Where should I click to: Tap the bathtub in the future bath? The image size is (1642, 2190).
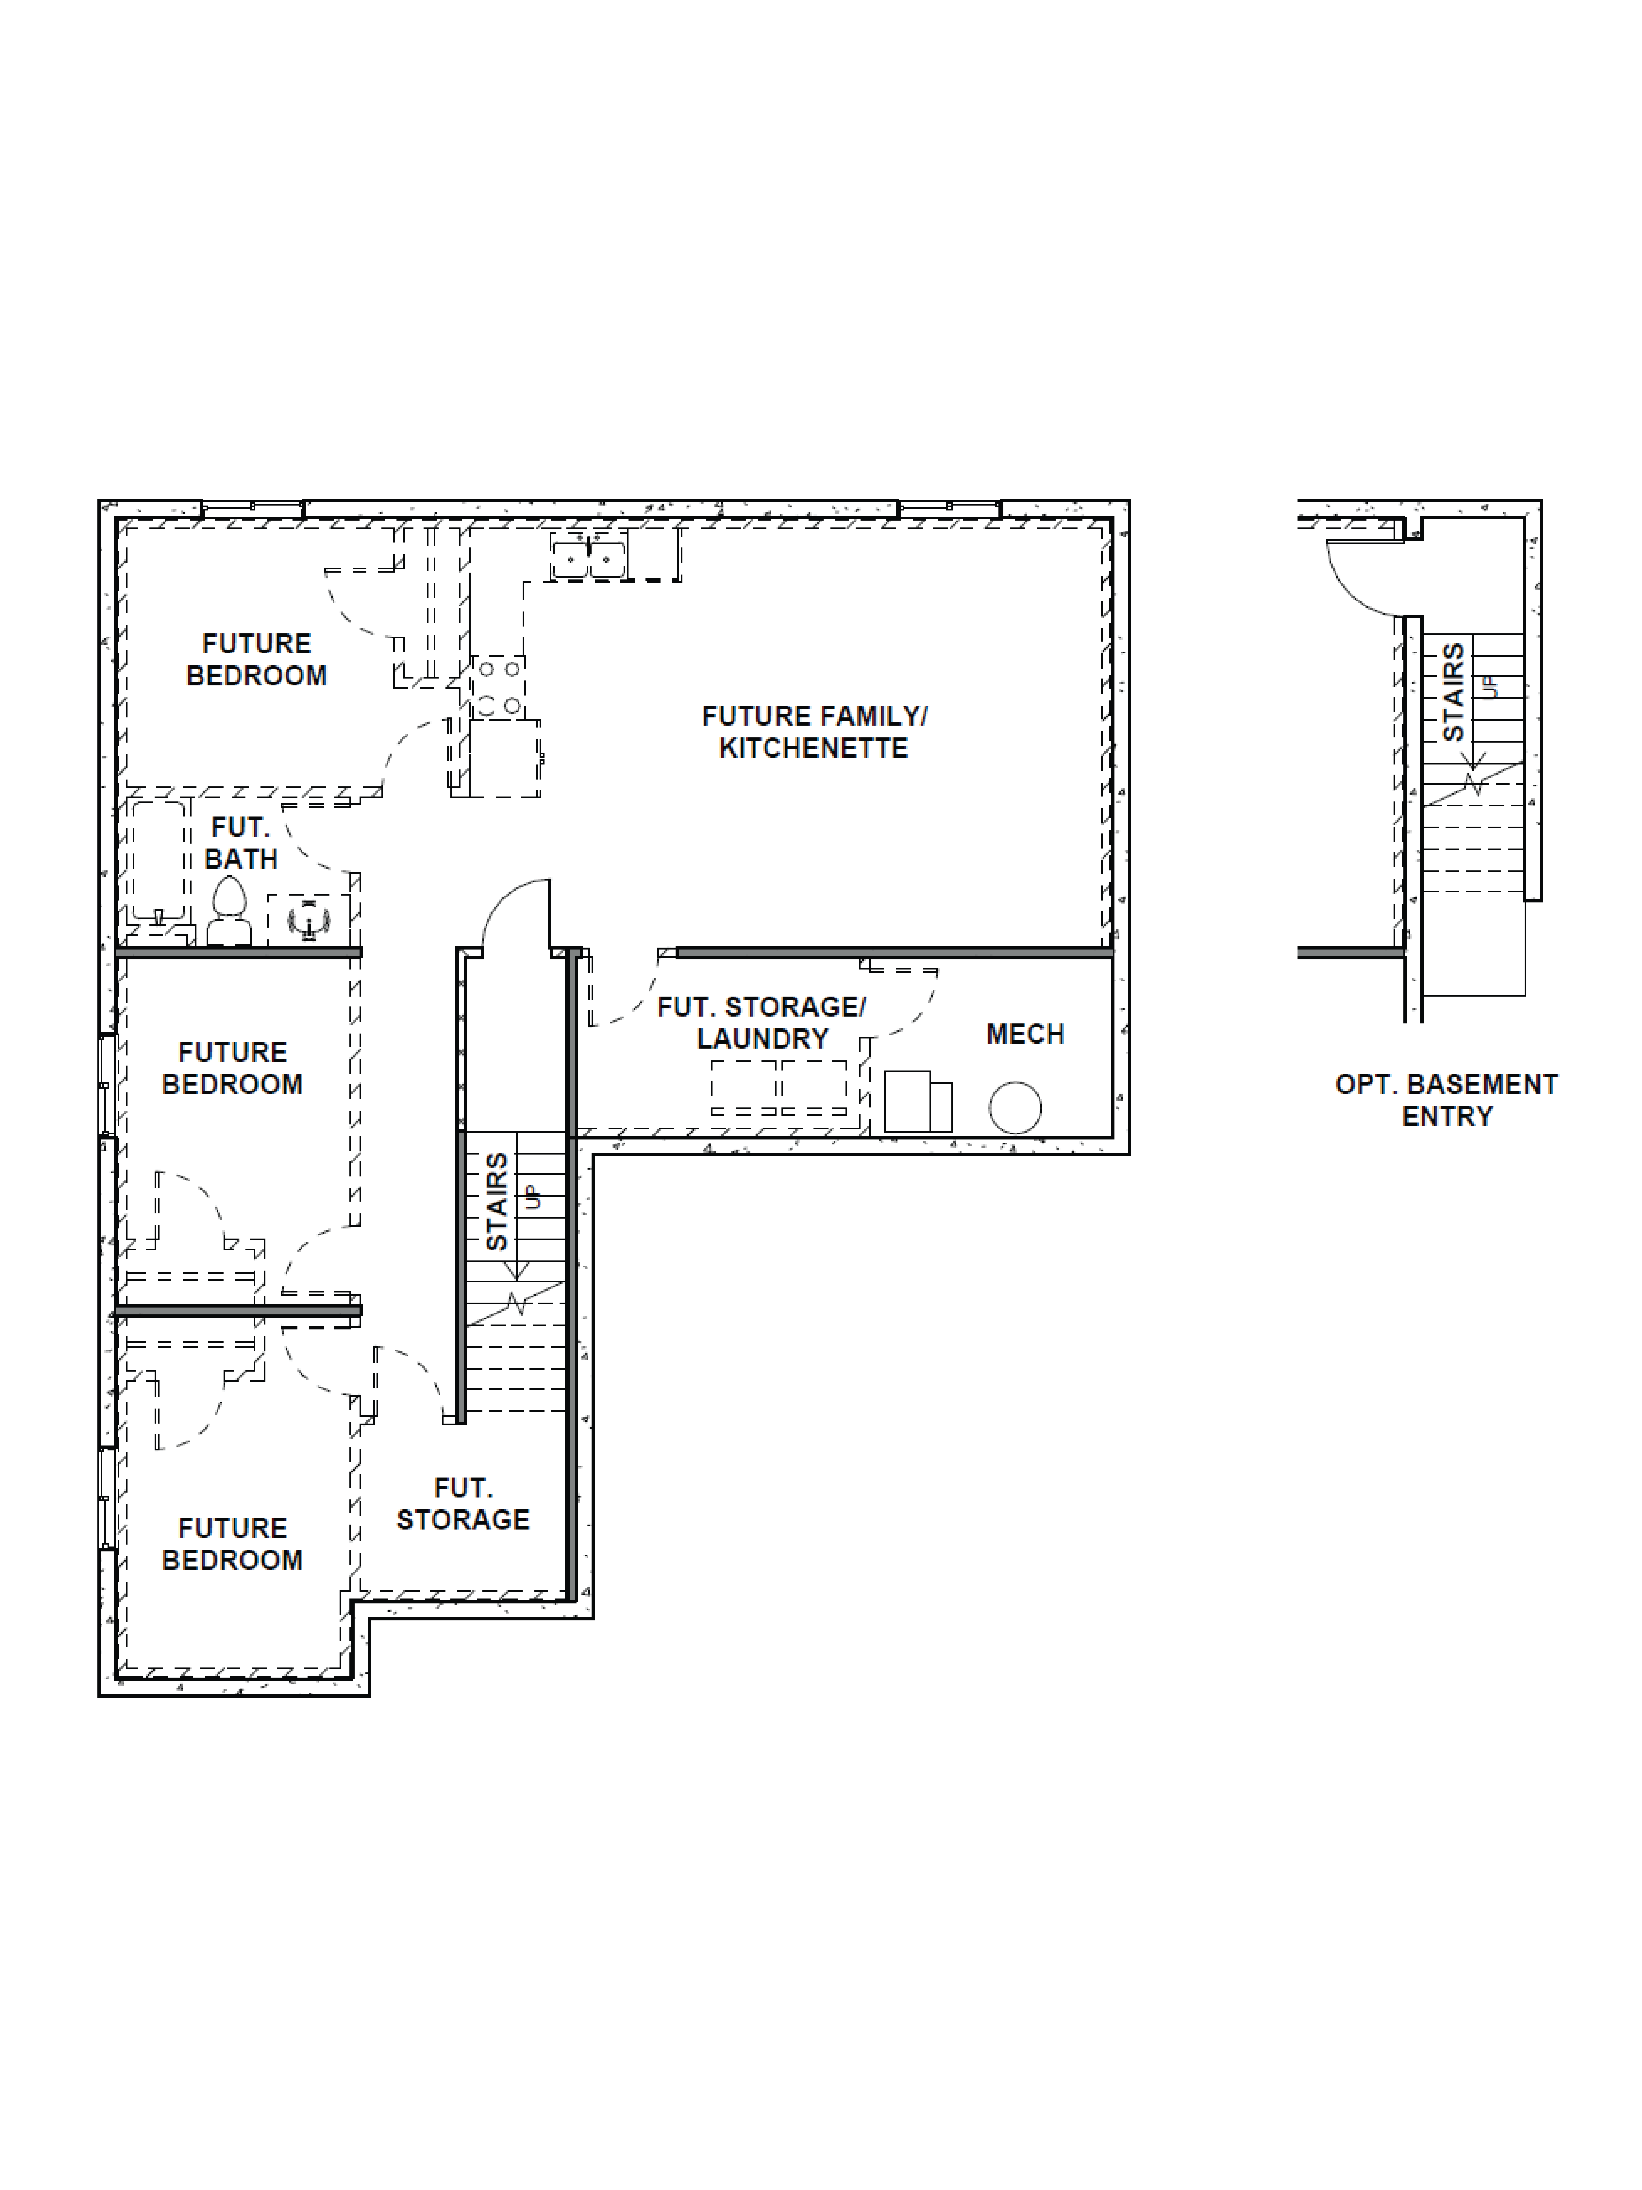coord(158,861)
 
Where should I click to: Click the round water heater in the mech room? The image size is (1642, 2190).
coord(1015,1107)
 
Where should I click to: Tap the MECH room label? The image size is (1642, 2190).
coord(1024,1034)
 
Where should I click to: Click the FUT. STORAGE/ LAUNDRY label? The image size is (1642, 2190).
coord(761,1023)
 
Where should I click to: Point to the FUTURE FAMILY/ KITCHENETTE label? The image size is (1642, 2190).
coord(813,732)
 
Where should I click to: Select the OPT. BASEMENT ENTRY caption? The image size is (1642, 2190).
coord(1446,1100)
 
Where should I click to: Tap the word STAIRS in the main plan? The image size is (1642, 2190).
coord(497,1201)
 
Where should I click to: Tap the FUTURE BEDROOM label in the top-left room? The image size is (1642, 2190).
coord(256,659)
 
